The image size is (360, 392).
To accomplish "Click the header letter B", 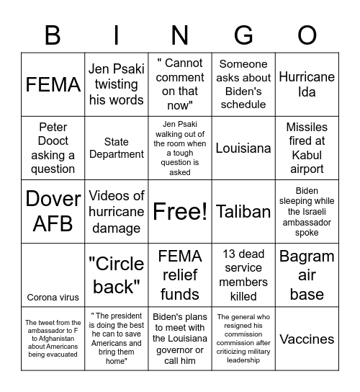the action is coord(53,33).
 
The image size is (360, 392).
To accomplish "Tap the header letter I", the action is coord(116,33).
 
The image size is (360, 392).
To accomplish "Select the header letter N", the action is coord(179,33).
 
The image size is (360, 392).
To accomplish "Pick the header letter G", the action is coord(243,33).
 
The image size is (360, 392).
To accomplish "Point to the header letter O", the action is coord(307,33).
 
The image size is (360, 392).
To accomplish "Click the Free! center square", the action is coord(179,211).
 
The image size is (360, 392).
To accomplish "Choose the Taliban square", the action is coord(243,211).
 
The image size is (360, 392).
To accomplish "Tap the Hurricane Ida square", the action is coord(307,84).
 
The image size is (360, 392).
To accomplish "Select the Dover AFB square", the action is coord(53,211).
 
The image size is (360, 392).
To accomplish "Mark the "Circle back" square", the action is coord(116,275).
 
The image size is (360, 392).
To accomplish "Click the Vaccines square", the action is coord(307,339).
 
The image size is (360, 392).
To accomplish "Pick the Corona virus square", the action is coord(53,297).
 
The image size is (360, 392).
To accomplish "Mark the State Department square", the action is coord(116,148).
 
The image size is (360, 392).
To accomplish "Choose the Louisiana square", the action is coord(243,148).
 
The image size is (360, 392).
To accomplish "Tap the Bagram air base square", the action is coord(307,275).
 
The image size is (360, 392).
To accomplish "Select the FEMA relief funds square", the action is coord(179,275).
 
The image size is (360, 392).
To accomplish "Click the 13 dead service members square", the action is coord(243,275).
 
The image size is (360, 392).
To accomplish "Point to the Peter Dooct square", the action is coord(53,148).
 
